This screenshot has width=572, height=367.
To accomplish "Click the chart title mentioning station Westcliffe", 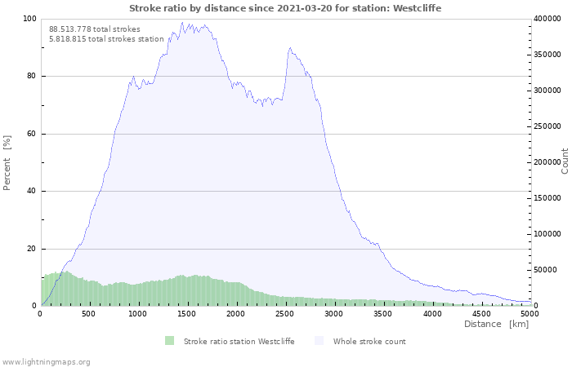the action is point(285,8).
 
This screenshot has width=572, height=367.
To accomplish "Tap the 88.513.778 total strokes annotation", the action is point(95,29).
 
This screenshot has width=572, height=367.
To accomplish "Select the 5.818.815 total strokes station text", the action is point(106,39).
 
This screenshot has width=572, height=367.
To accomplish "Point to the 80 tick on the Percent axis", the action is point(31,76).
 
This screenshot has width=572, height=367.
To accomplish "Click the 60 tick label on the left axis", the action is point(31,134).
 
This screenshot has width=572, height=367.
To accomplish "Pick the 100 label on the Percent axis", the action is point(29,19).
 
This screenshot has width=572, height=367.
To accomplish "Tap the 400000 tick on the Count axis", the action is point(547,19).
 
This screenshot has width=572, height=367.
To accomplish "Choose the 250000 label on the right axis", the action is point(547,126).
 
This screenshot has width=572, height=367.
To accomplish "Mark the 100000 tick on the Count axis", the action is point(547,234).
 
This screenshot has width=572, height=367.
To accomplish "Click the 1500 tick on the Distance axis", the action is point(187,314).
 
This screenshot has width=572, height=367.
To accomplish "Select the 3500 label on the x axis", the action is point(382,314).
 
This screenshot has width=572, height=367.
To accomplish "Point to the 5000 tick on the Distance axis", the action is point(530,314).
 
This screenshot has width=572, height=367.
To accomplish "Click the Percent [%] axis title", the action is point(7,163).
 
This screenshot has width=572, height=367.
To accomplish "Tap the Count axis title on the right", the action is point(565,161).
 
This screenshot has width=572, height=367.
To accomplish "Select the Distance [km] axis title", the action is point(497,324).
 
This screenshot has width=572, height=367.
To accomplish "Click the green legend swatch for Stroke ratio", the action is point(170,341).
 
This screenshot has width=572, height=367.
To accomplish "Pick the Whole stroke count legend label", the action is point(369,342).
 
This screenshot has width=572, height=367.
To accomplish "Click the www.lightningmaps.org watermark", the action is point(45,362).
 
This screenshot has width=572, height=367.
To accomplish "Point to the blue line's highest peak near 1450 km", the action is point(182,22).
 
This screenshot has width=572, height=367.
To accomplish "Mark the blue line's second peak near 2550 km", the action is point(290,47).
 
